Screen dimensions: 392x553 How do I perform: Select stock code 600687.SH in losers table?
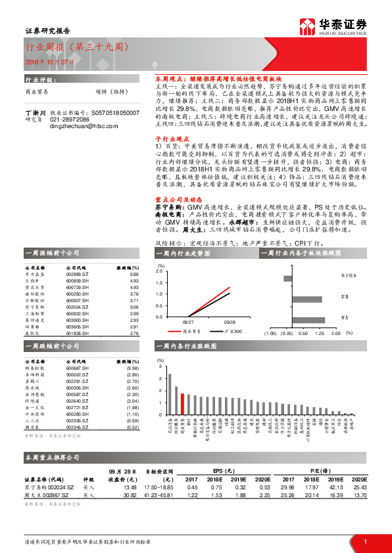[x=78, y=368]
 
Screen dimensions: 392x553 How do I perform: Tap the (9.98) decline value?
[x=133, y=368]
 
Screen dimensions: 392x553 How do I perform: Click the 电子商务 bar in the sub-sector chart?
[x=287, y=278]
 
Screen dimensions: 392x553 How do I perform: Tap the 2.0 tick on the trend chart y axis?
[x=159, y=271]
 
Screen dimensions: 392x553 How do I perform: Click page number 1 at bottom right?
[x=364, y=541]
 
